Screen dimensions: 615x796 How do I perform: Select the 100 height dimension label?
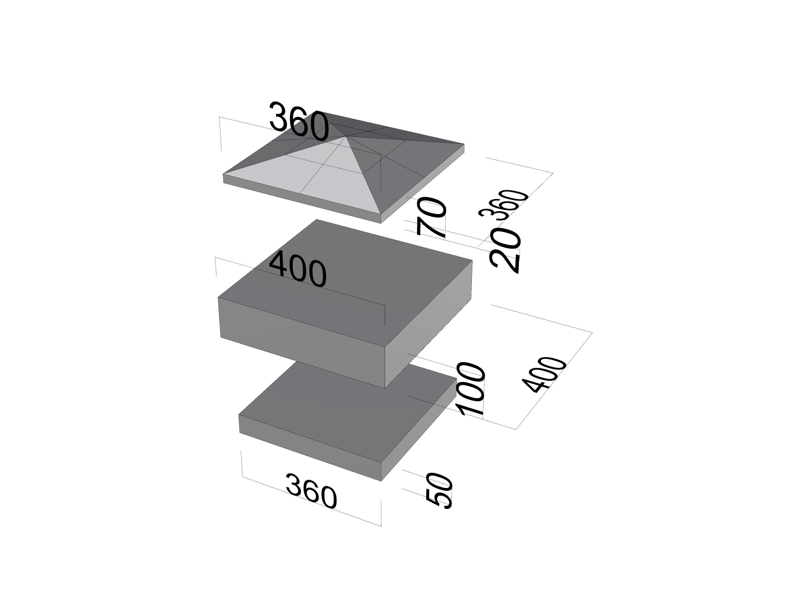click(472, 389)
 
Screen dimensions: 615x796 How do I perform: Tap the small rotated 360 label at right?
click(504, 204)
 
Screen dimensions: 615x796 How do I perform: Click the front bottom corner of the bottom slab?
click(381, 481)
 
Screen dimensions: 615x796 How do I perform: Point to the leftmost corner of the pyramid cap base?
click(223, 175)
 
